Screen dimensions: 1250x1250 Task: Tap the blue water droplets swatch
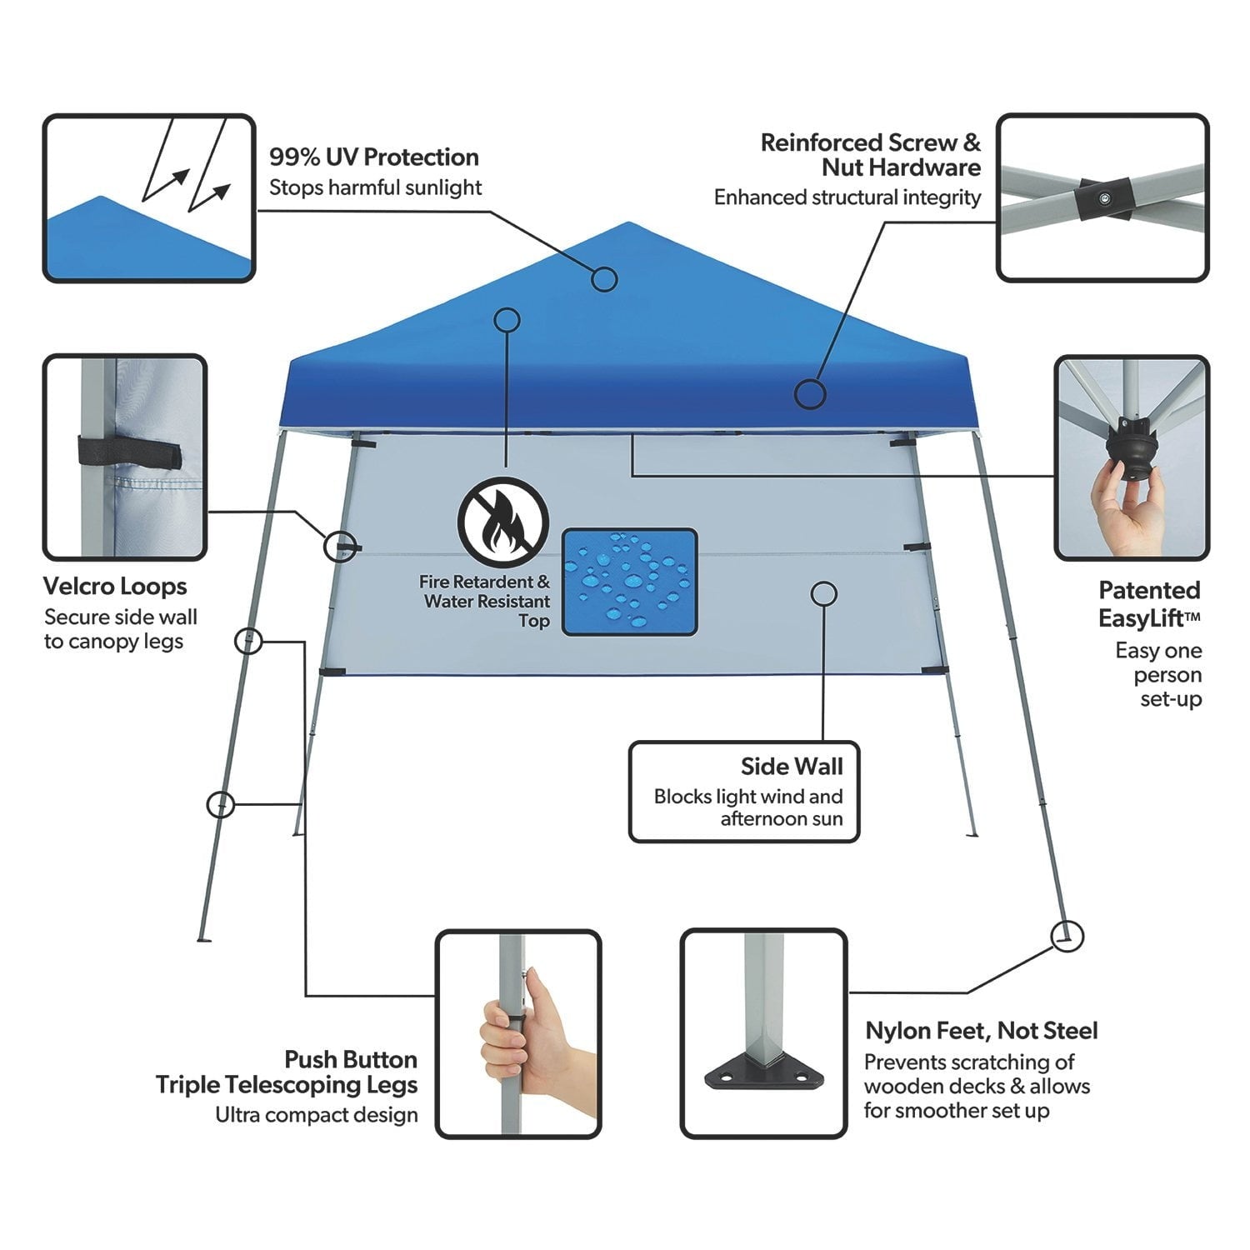(x=629, y=582)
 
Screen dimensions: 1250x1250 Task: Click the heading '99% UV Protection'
(x=373, y=157)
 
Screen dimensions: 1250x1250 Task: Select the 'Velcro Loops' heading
(x=115, y=587)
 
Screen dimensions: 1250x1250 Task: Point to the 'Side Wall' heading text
(x=792, y=766)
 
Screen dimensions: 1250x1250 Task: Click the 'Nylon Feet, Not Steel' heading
(x=981, y=1031)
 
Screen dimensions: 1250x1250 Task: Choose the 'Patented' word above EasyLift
(x=1149, y=590)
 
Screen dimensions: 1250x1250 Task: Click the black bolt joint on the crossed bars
(x=1103, y=198)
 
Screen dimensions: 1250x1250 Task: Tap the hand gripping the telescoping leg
(x=533, y=1034)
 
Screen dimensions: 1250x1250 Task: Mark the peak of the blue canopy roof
(x=627, y=222)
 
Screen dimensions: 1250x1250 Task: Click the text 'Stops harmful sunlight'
(x=375, y=187)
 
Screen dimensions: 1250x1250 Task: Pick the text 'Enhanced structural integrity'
(x=847, y=197)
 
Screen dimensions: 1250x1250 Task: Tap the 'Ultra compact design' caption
(x=317, y=1115)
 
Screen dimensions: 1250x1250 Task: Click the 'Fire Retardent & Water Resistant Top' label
(x=485, y=601)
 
